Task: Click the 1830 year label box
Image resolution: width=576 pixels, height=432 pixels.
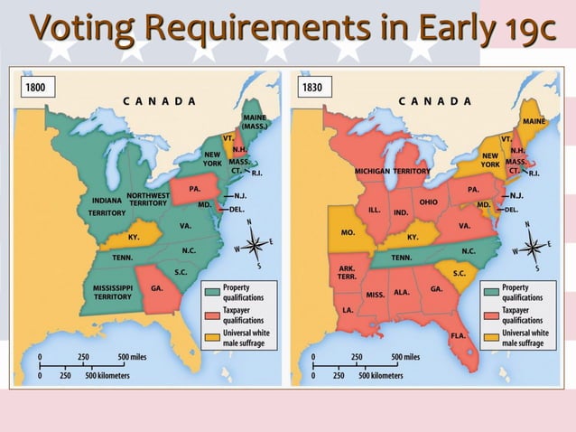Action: point(315,88)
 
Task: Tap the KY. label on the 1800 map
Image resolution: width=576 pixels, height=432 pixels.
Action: point(134,237)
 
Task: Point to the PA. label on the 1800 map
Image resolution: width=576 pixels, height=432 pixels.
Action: point(194,189)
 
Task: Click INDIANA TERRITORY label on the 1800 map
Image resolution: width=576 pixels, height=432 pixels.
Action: point(107,206)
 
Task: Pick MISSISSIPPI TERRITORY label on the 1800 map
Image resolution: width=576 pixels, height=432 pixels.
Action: point(113,291)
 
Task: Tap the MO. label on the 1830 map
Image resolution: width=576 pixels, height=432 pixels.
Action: point(347,232)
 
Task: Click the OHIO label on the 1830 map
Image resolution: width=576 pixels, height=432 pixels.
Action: point(428,202)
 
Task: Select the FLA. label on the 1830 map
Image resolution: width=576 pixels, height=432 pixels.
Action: point(458,334)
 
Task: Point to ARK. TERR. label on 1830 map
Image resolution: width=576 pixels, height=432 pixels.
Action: point(347,273)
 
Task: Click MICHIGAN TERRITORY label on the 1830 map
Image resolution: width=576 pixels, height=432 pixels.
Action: point(392,170)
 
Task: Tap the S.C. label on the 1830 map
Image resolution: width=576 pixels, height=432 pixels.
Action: point(459,273)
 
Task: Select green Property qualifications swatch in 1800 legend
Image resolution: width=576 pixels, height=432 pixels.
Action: point(211,292)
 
